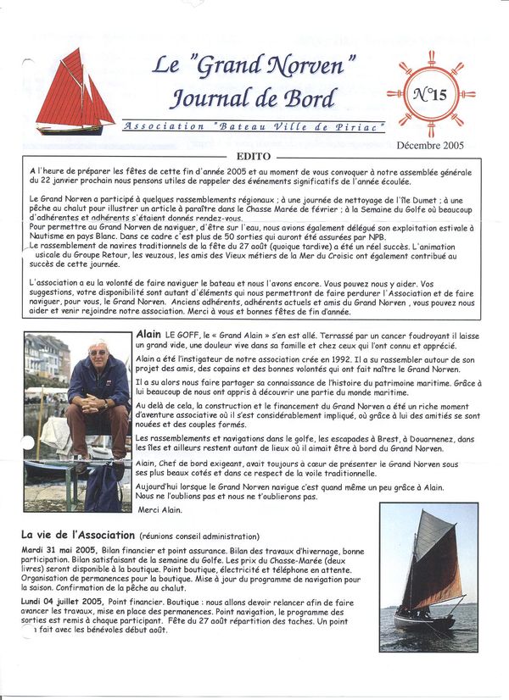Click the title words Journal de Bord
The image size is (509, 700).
tap(253, 97)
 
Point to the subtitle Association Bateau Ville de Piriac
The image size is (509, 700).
tap(253, 126)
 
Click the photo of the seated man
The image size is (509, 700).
tap(77, 422)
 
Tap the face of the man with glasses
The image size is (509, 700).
tap(98, 353)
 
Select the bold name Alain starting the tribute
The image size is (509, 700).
tap(149, 335)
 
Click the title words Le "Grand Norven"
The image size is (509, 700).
tap(253, 65)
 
